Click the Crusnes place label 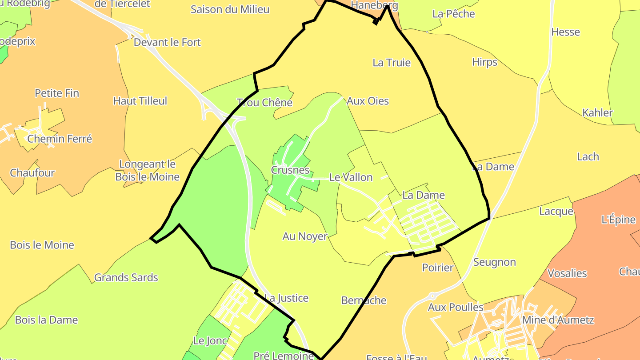(x=290, y=170)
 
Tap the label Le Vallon (x=351, y=177)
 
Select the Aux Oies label (x=368, y=101)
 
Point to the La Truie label (x=392, y=63)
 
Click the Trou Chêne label (x=264, y=103)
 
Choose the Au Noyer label (x=305, y=236)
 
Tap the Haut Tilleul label (x=140, y=101)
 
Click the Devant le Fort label (x=167, y=42)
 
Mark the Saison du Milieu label (x=230, y=9)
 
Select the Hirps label (x=484, y=62)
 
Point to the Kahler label (x=597, y=112)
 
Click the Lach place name (x=588, y=156)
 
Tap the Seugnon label (x=494, y=262)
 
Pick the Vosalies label (x=567, y=273)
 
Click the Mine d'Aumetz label (x=558, y=320)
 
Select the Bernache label (x=364, y=300)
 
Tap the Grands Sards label (x=126, y=278)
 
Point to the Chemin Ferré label (x=60, y=139)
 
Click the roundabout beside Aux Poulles (x=432, y=296)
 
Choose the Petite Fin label (x=57, y=93)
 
